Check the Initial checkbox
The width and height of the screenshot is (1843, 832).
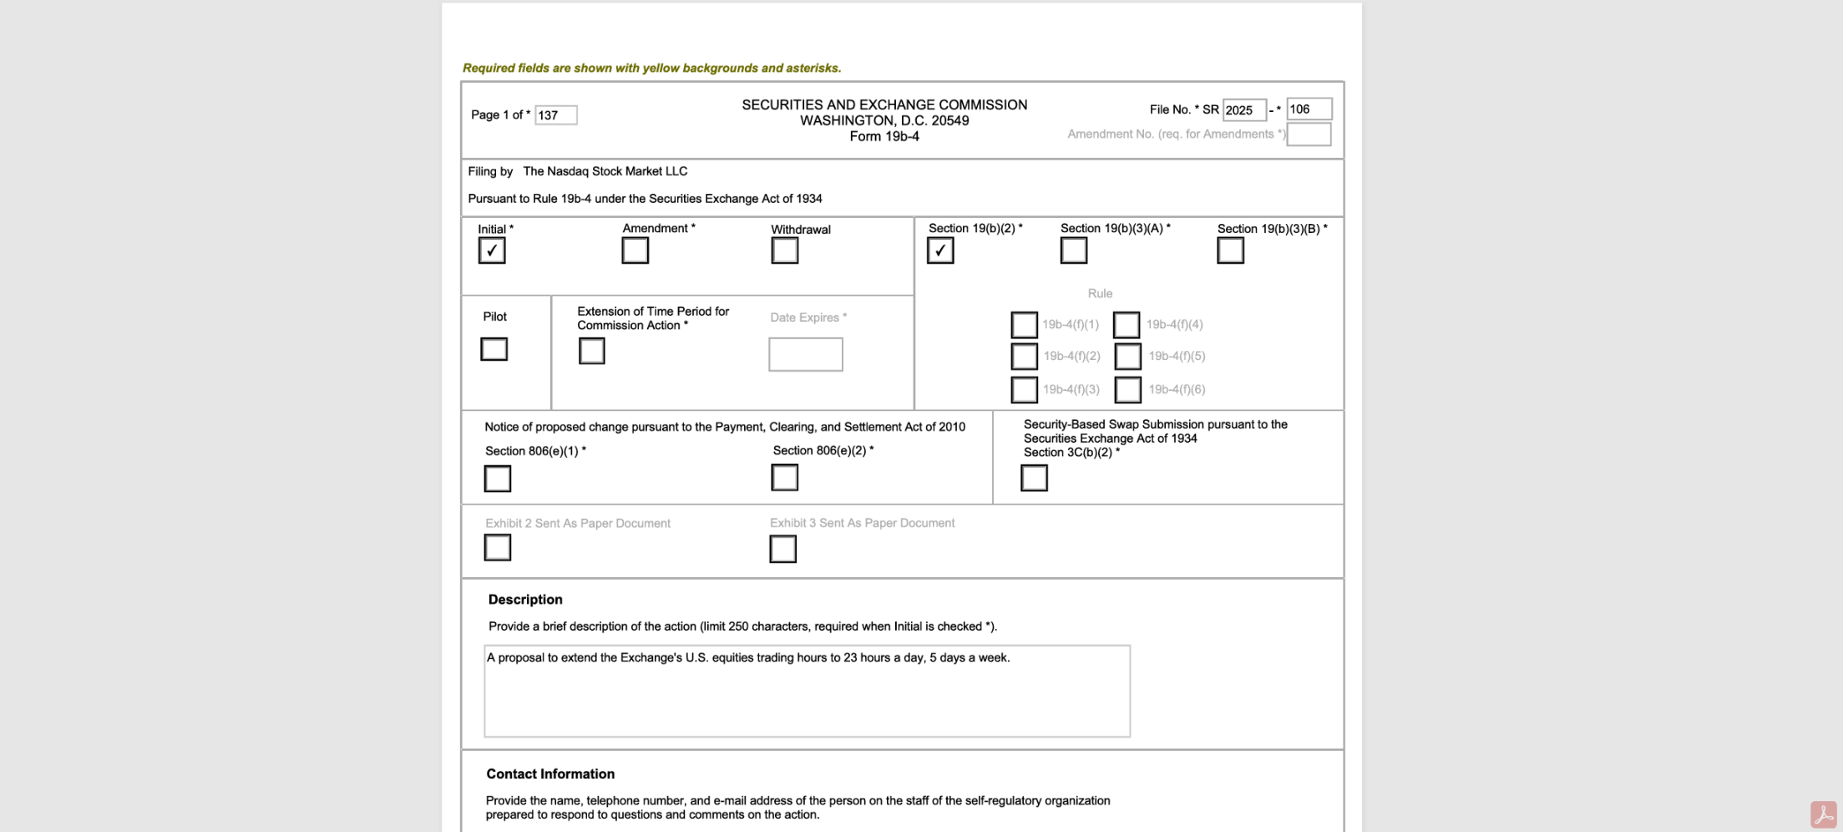point(492,251)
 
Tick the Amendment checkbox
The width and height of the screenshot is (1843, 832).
point(635,251)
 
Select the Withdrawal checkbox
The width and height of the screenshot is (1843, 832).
point(784,251)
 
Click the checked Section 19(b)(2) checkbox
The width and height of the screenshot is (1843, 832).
point(940,251)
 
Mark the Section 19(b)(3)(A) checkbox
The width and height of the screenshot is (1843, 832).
point(1073,251)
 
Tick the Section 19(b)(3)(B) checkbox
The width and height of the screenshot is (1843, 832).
point(1230,251)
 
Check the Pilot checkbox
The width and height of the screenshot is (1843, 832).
point(494,349)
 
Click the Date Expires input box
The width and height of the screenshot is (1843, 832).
point(805,354)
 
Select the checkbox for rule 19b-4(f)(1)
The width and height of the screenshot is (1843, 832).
point(1024,325)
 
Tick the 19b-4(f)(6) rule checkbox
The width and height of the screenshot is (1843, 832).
point(1127,389)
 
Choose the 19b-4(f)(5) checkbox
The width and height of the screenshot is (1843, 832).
point(1127,357)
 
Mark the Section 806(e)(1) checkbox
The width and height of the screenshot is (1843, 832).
point(498,479)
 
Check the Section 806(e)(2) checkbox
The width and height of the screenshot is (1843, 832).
point(784,478)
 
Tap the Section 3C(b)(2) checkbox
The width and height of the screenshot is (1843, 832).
point(1034,478)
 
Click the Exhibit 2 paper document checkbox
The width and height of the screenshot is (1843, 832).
point(498,548)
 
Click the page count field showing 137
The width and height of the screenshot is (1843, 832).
point(555,115)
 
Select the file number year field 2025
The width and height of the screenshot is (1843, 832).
point(1243,110)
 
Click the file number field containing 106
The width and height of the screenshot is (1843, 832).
point(1308,109)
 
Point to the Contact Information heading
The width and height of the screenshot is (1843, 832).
point(550,774)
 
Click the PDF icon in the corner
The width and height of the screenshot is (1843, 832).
point(1823,814)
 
